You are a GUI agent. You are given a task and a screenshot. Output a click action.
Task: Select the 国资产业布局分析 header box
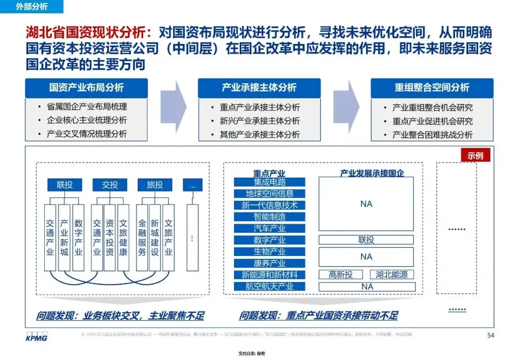[x=86, y=88]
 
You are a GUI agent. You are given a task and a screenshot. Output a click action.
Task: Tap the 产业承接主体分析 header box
[x=259, y=88]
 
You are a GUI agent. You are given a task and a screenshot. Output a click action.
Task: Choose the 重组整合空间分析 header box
[x=431, y=88]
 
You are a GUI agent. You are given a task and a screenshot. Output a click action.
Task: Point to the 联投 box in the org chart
[x=65, y=184]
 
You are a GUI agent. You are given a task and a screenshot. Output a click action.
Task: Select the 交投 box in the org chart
[x=109, y=184]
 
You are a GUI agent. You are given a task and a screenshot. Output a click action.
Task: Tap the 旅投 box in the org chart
[x=155, y=184]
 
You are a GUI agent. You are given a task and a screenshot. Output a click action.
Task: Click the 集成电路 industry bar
[x=270, y=182]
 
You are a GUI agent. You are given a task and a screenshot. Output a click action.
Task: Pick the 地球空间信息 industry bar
[x=270, y=193]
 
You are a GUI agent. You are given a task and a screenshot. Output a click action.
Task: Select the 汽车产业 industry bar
[x=270, y=228]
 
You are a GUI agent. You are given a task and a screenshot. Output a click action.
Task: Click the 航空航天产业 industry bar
[x=270, y=286]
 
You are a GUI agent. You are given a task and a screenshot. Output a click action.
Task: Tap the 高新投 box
[x=341, y=274]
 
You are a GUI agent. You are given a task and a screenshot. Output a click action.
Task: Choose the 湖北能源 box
[x=391, y=274]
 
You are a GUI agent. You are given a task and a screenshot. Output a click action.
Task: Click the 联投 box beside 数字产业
[x=366, y=240]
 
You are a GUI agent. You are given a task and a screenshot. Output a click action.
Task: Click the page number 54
[x=490, y=335]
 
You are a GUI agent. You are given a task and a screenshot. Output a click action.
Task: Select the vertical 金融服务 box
[x=142, y=237]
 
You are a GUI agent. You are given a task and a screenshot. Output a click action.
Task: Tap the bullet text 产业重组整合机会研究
[x=432, y=107]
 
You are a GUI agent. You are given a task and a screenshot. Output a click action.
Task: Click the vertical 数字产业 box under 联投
[x=78, y=237]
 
